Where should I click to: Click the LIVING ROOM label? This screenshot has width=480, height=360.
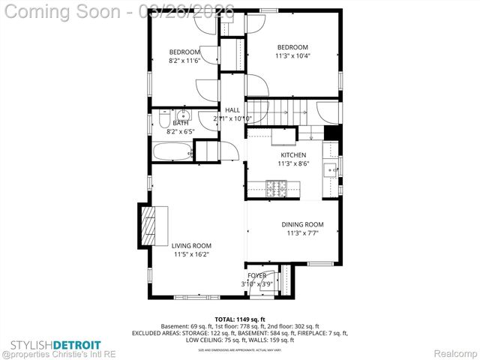191,245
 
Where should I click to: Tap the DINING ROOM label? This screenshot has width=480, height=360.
302,224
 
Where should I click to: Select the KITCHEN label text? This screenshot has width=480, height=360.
293,154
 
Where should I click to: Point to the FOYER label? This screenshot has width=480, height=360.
256,275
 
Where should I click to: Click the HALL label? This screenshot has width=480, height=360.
232,110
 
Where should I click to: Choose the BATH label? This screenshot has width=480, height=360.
181,123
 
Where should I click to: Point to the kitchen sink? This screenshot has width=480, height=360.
331,169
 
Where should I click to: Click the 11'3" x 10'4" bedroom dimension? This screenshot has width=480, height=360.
292,55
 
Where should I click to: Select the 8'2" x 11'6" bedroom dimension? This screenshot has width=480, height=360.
184,60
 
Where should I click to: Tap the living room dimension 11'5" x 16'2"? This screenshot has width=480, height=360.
191,254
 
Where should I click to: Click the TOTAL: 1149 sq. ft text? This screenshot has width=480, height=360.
239,319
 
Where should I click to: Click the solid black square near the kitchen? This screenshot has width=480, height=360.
332,133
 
